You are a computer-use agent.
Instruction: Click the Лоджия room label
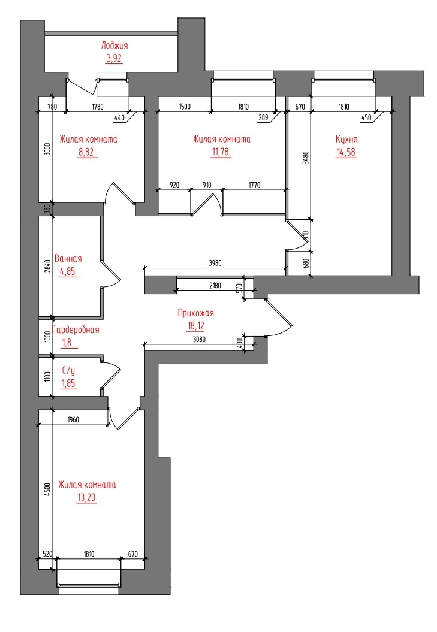tap(114, 46)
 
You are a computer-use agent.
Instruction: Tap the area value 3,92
tap(114, 59)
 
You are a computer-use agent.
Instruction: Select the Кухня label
tap(346, 139)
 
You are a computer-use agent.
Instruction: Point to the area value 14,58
tap(346, 152)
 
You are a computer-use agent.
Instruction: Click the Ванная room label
tap(68, 259)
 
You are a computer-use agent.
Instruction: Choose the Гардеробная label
tap(76, 330)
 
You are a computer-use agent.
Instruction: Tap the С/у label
tap(68, 370)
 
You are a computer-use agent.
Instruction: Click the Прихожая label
tap(195, 313)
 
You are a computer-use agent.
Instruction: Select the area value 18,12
tap(195, 326)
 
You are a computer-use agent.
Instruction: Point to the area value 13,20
tap(87, 498)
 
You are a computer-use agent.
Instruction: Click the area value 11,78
tap(221, 152)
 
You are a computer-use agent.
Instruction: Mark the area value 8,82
tap(88, 152)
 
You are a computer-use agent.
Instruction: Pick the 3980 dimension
tap(215, 263)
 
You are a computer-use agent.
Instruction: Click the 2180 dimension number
tap(215, 286)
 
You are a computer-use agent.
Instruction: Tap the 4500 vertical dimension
tap(47, 489)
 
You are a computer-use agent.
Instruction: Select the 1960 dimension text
tap(73, 419)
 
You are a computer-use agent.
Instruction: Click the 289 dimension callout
tap(263, 117)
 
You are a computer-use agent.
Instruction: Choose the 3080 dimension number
tap(200, 340)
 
